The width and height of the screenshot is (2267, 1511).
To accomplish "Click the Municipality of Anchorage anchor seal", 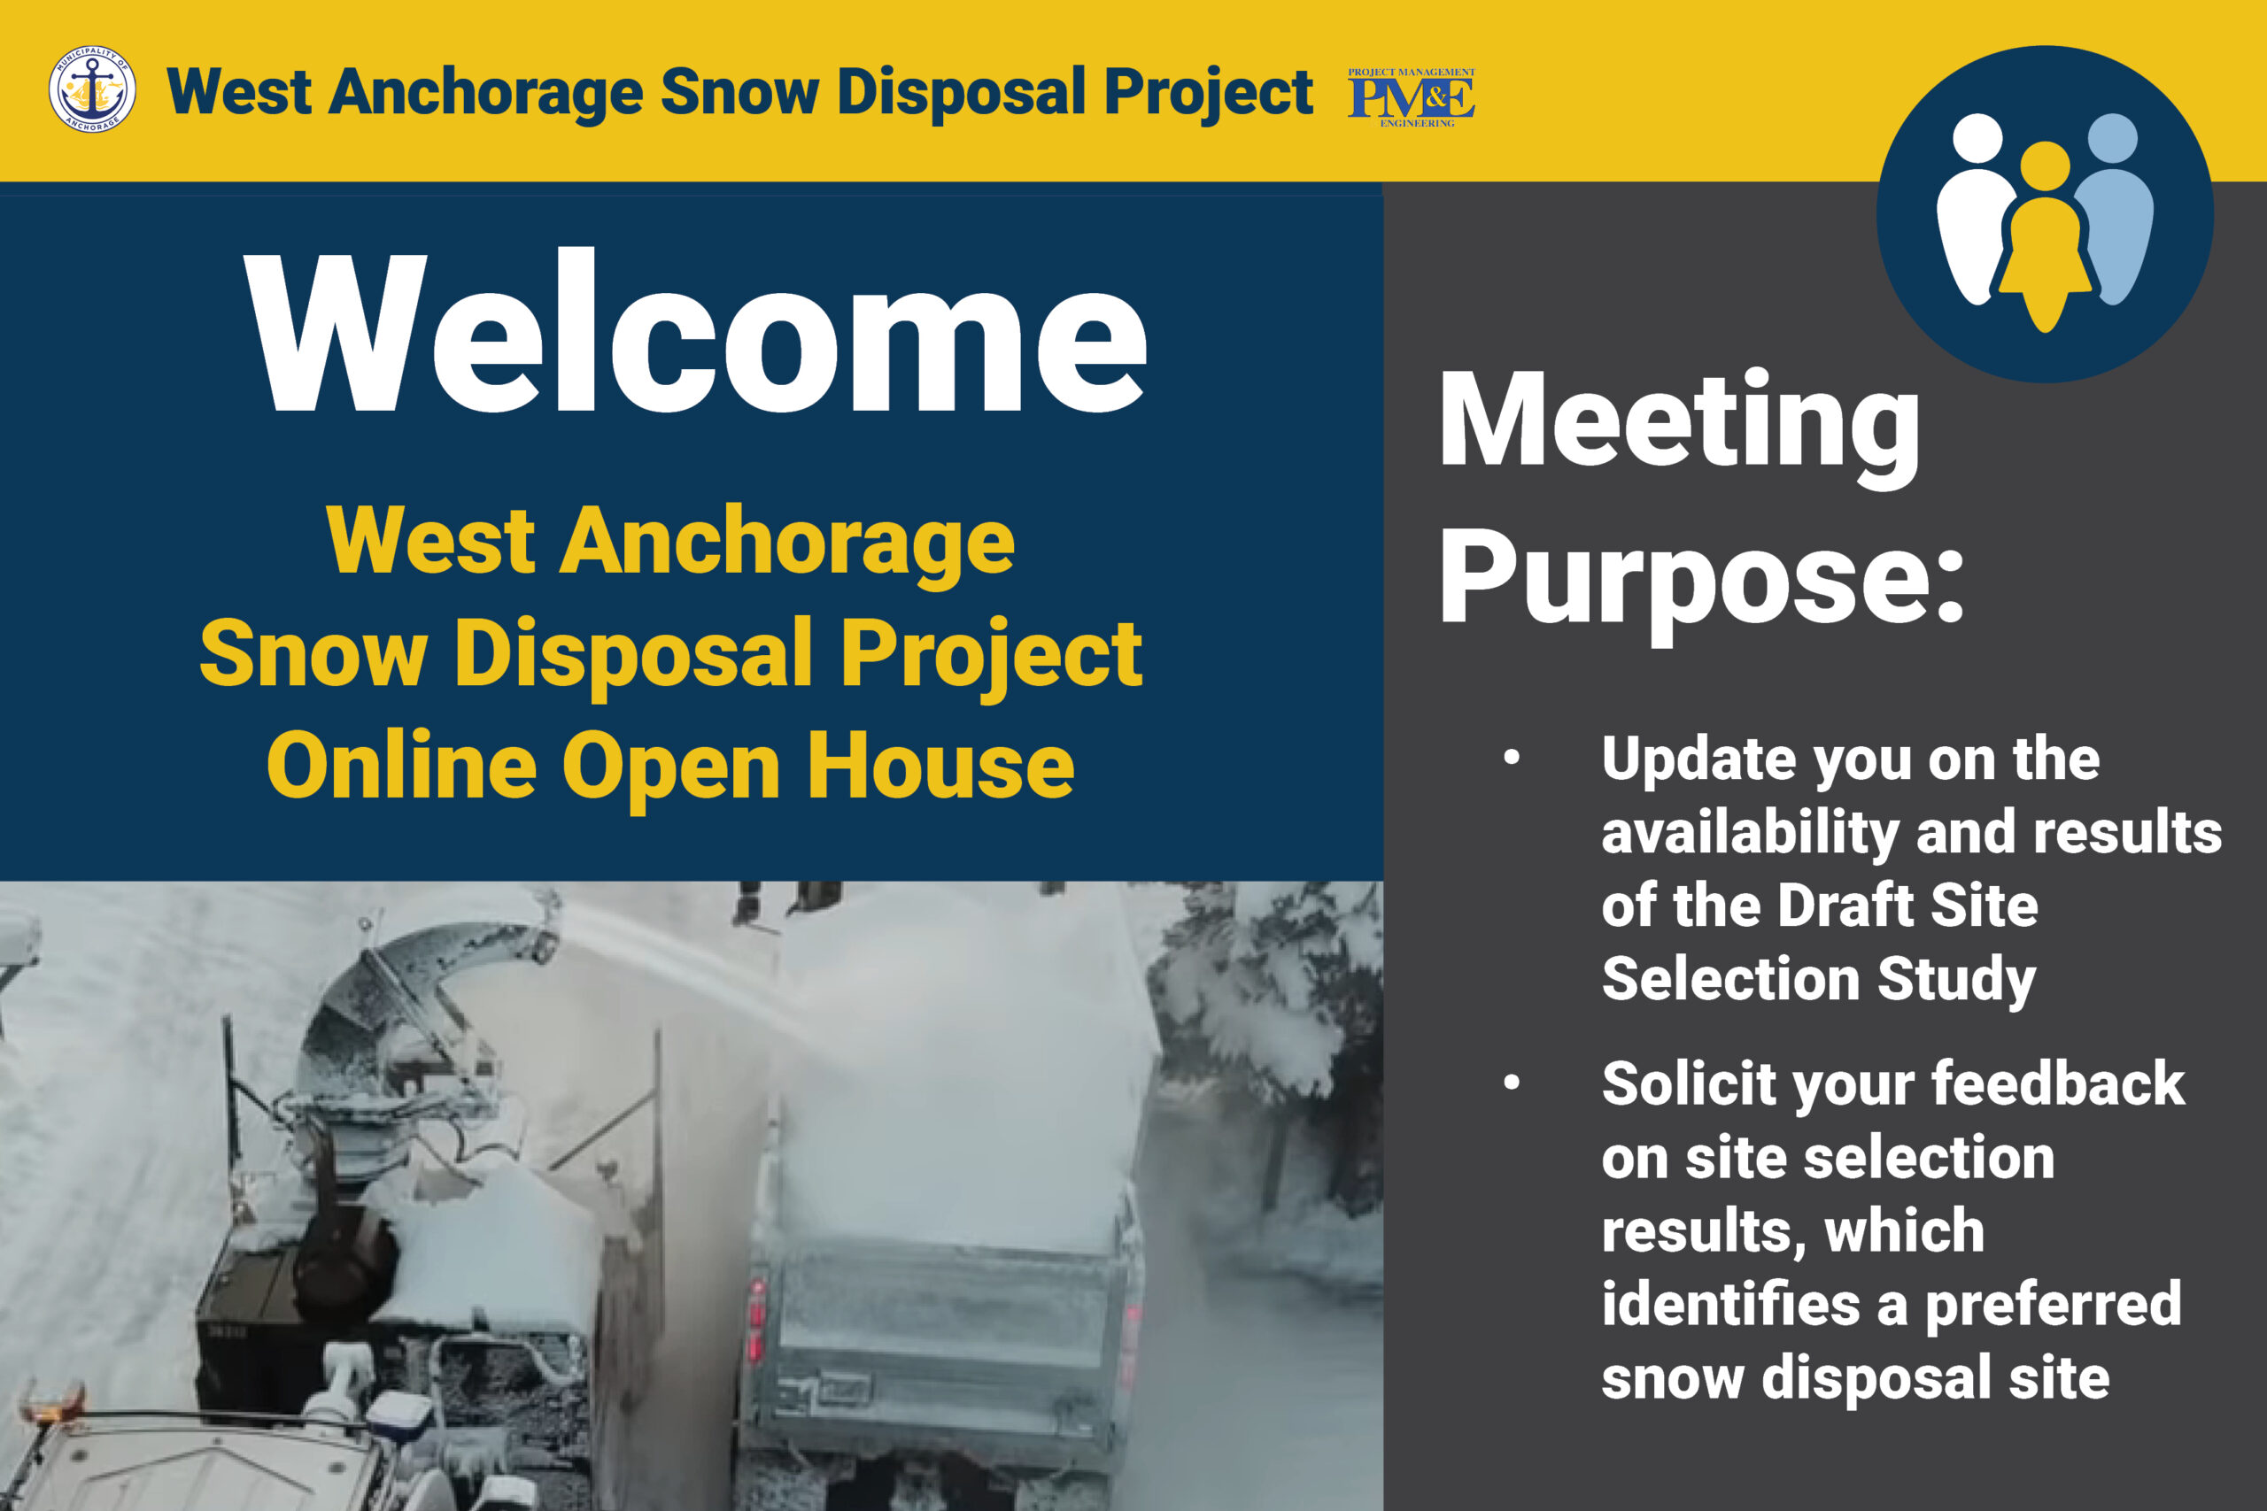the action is (91, 89).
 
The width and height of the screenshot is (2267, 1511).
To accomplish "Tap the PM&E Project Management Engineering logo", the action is (1411, 97).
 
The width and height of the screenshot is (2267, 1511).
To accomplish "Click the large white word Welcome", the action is (695, 333).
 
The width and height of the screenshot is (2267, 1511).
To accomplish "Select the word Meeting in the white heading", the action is (1679, 424).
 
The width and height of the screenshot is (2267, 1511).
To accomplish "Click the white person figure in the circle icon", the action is (1976, 208).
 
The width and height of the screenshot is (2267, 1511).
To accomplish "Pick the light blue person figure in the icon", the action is (2113, 208).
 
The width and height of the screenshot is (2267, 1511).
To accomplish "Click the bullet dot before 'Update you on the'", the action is (1512, 758).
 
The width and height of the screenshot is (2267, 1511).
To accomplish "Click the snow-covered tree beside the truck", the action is (1273, 1041).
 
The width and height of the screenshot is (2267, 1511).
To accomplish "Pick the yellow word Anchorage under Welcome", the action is (786, 542).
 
